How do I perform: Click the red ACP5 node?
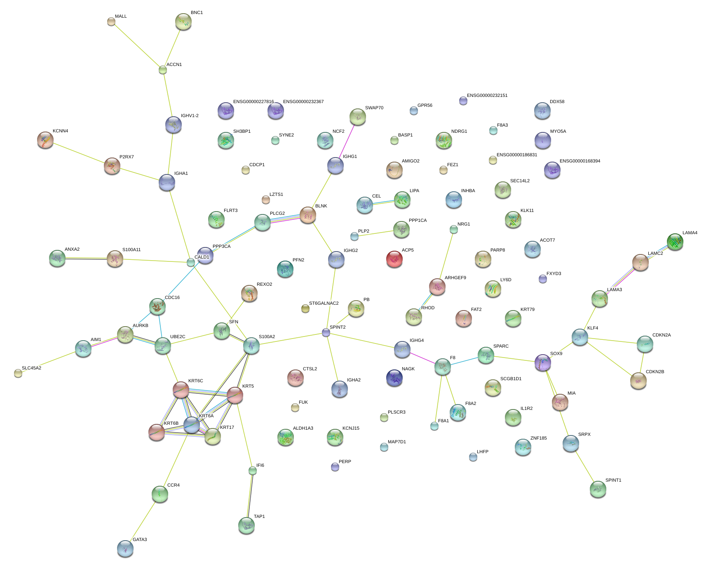tap(394, 259)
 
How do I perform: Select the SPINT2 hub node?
tap(326, 332)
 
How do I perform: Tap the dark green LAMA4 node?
tap(675, 242)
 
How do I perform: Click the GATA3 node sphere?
tap(125, 548)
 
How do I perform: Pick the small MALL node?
tap(111, 21)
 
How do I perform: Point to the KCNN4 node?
tap(45, 140)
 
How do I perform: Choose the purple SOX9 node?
tap(542, 362)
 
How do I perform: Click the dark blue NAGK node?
tap(394, 378)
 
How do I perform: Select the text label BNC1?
tap(197, 13)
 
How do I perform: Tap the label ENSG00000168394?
tap(580, 161)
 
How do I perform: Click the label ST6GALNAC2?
tap(324, 303)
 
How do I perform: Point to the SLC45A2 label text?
tap(31, 368)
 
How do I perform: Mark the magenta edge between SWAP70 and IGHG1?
tap(347, 141)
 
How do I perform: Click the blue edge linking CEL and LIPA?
tap(383, 202)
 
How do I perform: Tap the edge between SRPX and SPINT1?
tap(584, 466)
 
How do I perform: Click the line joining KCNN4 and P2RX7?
tap(78, 153)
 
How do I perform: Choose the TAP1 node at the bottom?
tap(246, 525)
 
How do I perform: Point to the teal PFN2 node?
tap(285, 269)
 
